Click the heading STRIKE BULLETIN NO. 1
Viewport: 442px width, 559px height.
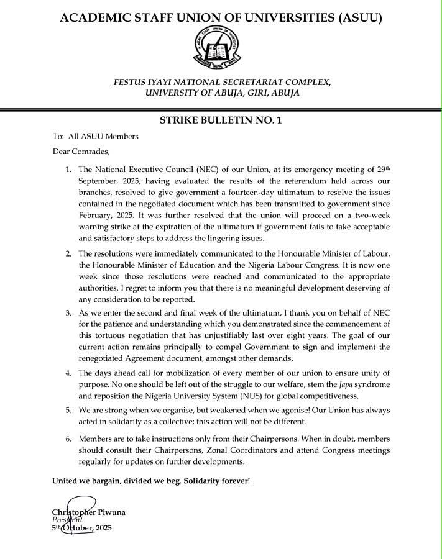pyautogui.click(x=221, y=121)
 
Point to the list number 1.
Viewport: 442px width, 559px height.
pyautogui.click(x=68, y=170)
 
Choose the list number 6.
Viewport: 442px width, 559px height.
pyautogui.click(x=68, y=439)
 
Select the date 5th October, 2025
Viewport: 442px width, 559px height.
pyautogui.click(x=81, y=528)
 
